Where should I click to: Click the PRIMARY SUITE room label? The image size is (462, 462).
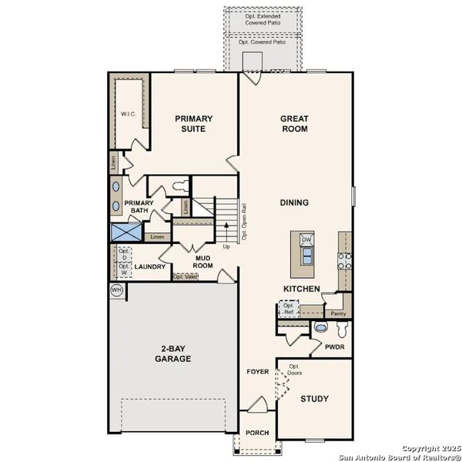(193, 124)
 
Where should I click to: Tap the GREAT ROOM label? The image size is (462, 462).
(293, 124)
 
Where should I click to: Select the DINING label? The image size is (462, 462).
(293, 203)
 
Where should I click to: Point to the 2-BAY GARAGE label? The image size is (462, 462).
(172, 353)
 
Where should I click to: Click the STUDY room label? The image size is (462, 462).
(314, 399)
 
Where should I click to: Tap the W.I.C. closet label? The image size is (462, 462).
(129, 114)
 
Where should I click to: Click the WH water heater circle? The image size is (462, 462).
(117, 290)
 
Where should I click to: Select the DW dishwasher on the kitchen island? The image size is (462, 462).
(306, 239)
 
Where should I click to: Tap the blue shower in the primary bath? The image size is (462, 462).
(125, 233)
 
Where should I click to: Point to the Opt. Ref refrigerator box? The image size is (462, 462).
(289, 308)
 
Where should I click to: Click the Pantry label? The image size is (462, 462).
(337, 314)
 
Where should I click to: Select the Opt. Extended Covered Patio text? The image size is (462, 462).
(259, 19)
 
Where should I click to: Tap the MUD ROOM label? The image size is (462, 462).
(203, 261)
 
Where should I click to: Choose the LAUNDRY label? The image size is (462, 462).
(150, 266)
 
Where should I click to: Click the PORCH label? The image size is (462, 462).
(256, 433)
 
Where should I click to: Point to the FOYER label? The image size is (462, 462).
(257, 372)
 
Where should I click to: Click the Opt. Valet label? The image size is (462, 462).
(185, 276)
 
